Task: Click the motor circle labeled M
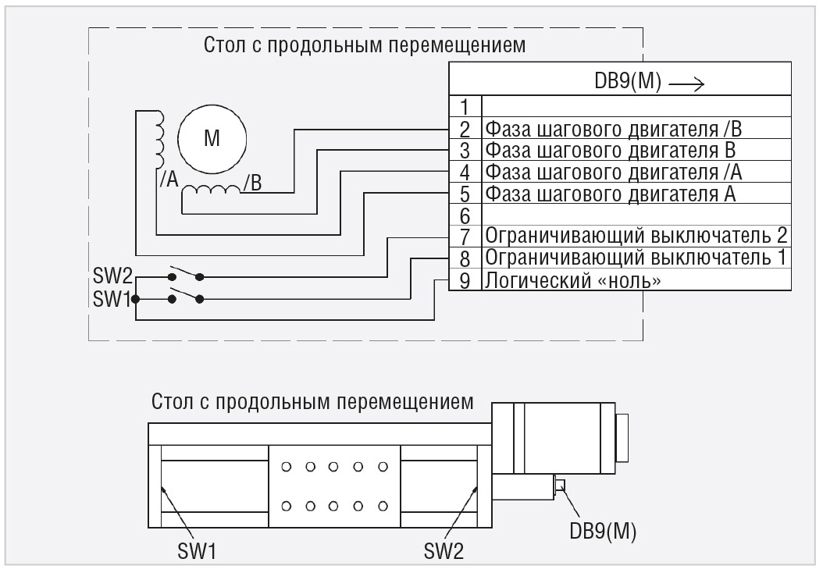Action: coord(212,139)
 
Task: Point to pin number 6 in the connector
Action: coord(465,214)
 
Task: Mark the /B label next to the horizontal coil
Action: coord(252,184)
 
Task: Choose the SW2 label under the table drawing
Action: coord(444,552)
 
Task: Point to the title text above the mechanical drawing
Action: coord(312,403)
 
